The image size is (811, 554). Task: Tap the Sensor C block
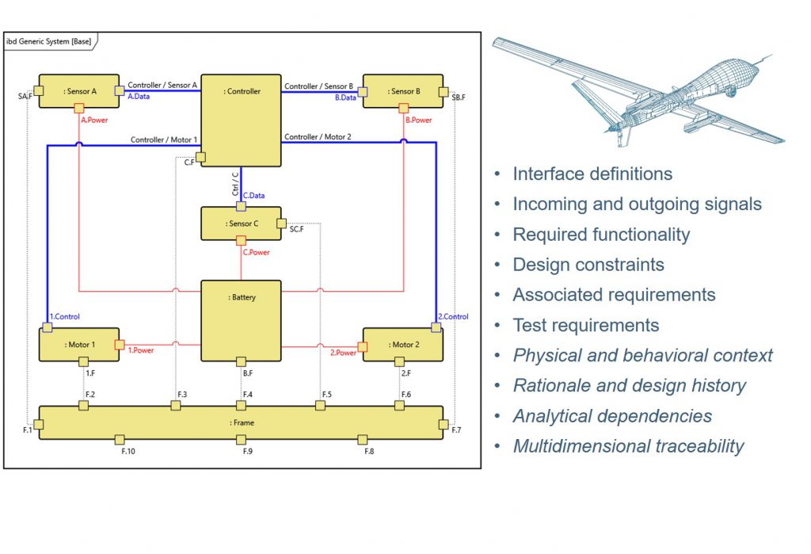click(x=242, y=224)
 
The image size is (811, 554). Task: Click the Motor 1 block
click(x=79, y=344)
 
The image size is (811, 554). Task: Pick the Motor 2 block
click(x=403, y=344)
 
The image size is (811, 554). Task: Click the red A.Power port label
click(x=95, y=120)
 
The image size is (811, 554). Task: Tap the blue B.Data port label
click(x=345, y=97)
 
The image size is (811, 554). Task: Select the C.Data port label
click(x=253, y=194)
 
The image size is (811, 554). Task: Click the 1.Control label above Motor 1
click(x=64, y=316)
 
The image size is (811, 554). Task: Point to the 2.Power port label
click(x=343, y=353)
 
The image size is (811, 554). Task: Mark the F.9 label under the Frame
click(x=248, y=451)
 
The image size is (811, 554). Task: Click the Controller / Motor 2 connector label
click(x=318, y=137)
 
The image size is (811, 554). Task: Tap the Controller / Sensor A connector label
click(x=162, y=86)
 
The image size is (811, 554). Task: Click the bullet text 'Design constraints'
click(x=588, y=265)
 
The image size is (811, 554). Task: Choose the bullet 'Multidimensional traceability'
click(x=628, y=446)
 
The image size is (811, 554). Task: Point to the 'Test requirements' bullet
click(x=585, y=325)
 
